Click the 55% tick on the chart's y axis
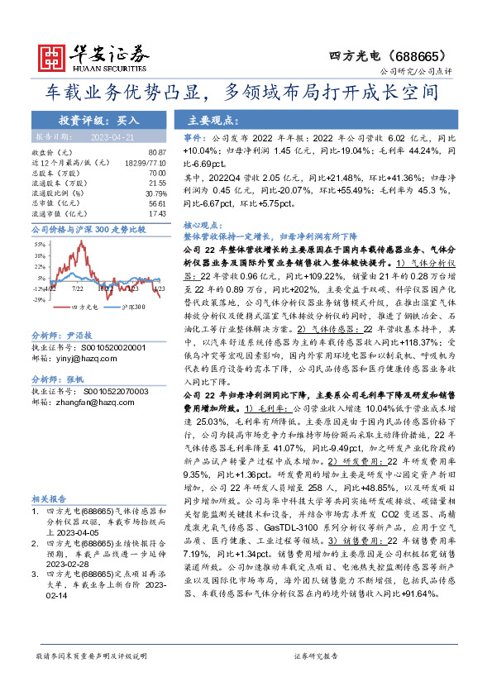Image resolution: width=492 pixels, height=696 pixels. point(39,246)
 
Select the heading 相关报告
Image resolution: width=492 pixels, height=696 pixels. point(50,499)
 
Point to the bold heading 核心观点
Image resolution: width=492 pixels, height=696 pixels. point(201,225)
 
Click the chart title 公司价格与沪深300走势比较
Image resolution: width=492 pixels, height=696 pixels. point(88,228)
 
